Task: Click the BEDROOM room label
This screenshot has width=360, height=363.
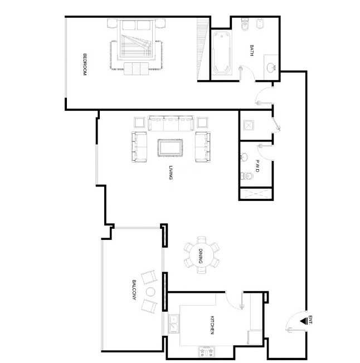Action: coord(85,65)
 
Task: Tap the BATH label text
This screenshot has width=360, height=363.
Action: coord(252,50)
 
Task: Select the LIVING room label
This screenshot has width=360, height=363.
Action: coord(171,173)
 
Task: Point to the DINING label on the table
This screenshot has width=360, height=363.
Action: coord(201,256)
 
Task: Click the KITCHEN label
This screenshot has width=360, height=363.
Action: coord(212,325)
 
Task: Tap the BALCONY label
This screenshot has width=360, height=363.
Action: coord(134,290)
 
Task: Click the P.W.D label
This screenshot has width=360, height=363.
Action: coord(257,166)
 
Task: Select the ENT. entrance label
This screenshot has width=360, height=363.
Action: coord(310,320)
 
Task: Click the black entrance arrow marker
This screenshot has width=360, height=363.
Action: coord(303,321)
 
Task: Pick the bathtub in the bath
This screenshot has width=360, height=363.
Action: coord(222,53)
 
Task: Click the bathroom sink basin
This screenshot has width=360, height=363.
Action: coord(271,67)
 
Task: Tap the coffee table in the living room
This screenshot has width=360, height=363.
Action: coord(170,148)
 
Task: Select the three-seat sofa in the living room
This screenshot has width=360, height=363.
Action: coord(171,123)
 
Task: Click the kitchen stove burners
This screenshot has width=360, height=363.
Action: coord(207,352)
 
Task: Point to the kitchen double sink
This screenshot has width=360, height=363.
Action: coord(173,323)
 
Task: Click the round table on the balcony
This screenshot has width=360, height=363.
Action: coord(150,292)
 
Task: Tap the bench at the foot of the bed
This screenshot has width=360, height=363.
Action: coord(136,68)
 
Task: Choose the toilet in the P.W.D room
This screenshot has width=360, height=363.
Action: coord(246,176)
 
